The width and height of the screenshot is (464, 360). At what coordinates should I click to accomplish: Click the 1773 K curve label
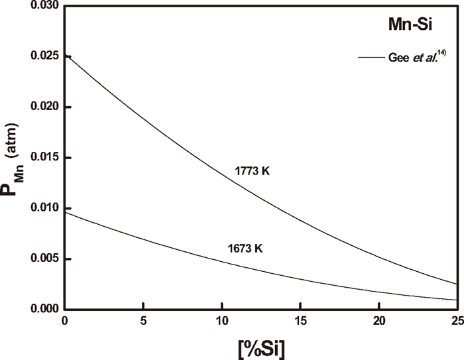pyautogui.click(x=253, y=171)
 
